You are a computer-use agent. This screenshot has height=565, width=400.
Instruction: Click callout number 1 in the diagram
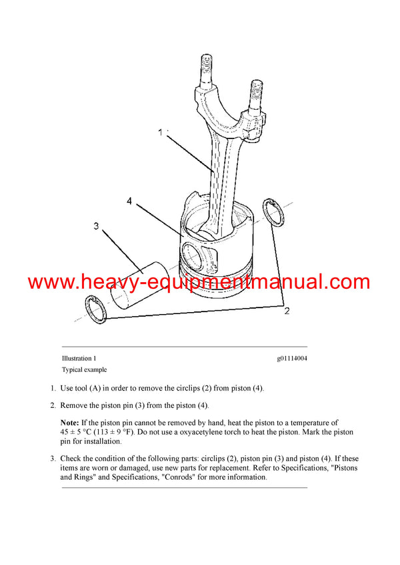tap(160, 133)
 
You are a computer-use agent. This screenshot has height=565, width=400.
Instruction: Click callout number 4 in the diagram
tap(129, 200)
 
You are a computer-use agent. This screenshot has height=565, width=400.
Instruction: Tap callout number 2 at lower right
tap(287, 311)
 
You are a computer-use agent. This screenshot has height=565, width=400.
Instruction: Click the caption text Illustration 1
tap(79, 359)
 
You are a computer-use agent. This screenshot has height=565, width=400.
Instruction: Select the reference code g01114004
tap(292, 359)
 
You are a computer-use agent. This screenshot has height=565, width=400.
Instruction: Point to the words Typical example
tap(84, 370)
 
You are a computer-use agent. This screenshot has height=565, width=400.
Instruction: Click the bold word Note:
tap(70, 423)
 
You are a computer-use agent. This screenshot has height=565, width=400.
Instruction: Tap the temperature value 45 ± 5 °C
tap(79, 432)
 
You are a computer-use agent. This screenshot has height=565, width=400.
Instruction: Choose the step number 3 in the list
tap(53, 459)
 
